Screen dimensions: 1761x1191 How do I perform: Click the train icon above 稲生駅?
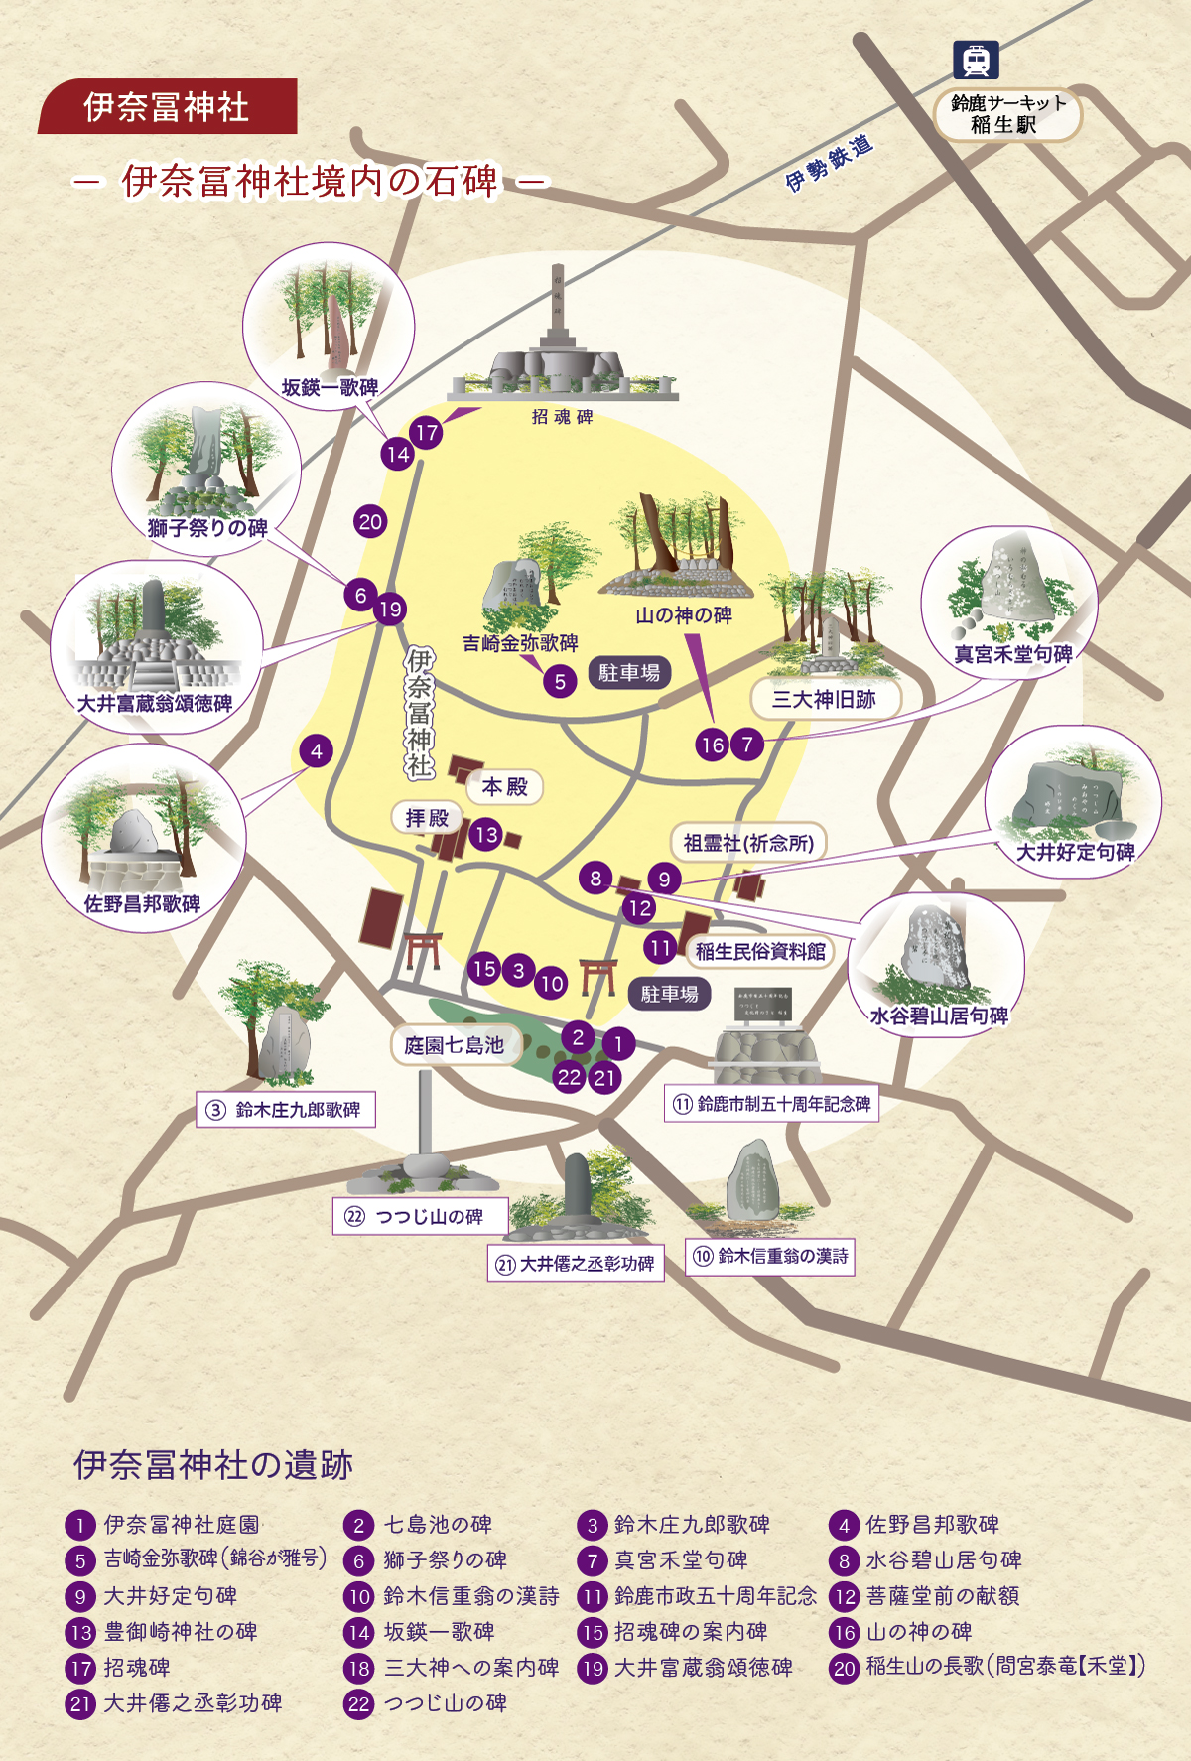(x=976, y=61)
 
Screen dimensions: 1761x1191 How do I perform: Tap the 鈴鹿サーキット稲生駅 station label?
(x=1007, y=114)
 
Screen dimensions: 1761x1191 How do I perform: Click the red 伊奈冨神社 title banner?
(x=167, y=106)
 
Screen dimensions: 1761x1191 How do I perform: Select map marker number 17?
(x=427, y=432)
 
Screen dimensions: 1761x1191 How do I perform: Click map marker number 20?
(x=370, y=522)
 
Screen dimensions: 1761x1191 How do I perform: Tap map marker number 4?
(x=317, y=750)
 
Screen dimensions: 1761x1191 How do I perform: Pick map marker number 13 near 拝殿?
(x=486, y=835)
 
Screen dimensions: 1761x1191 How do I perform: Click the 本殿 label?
(x=505, y=787)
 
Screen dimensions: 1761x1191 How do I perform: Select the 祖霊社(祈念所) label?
(x=748, y=843)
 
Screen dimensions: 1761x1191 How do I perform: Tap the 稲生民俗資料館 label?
(x=760, y=951)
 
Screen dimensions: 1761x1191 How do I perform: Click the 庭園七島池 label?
(x=455, y=1045)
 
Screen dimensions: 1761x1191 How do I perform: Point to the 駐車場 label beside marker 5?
(x=629, y=673)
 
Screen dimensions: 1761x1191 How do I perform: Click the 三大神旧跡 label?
(x=824, y=699)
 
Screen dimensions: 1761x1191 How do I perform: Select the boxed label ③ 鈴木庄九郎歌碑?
(x=287, y=1110)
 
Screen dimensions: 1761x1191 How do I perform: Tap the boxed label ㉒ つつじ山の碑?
(x=421, y=1217)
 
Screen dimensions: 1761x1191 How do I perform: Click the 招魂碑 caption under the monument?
(x=562, y=417)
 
